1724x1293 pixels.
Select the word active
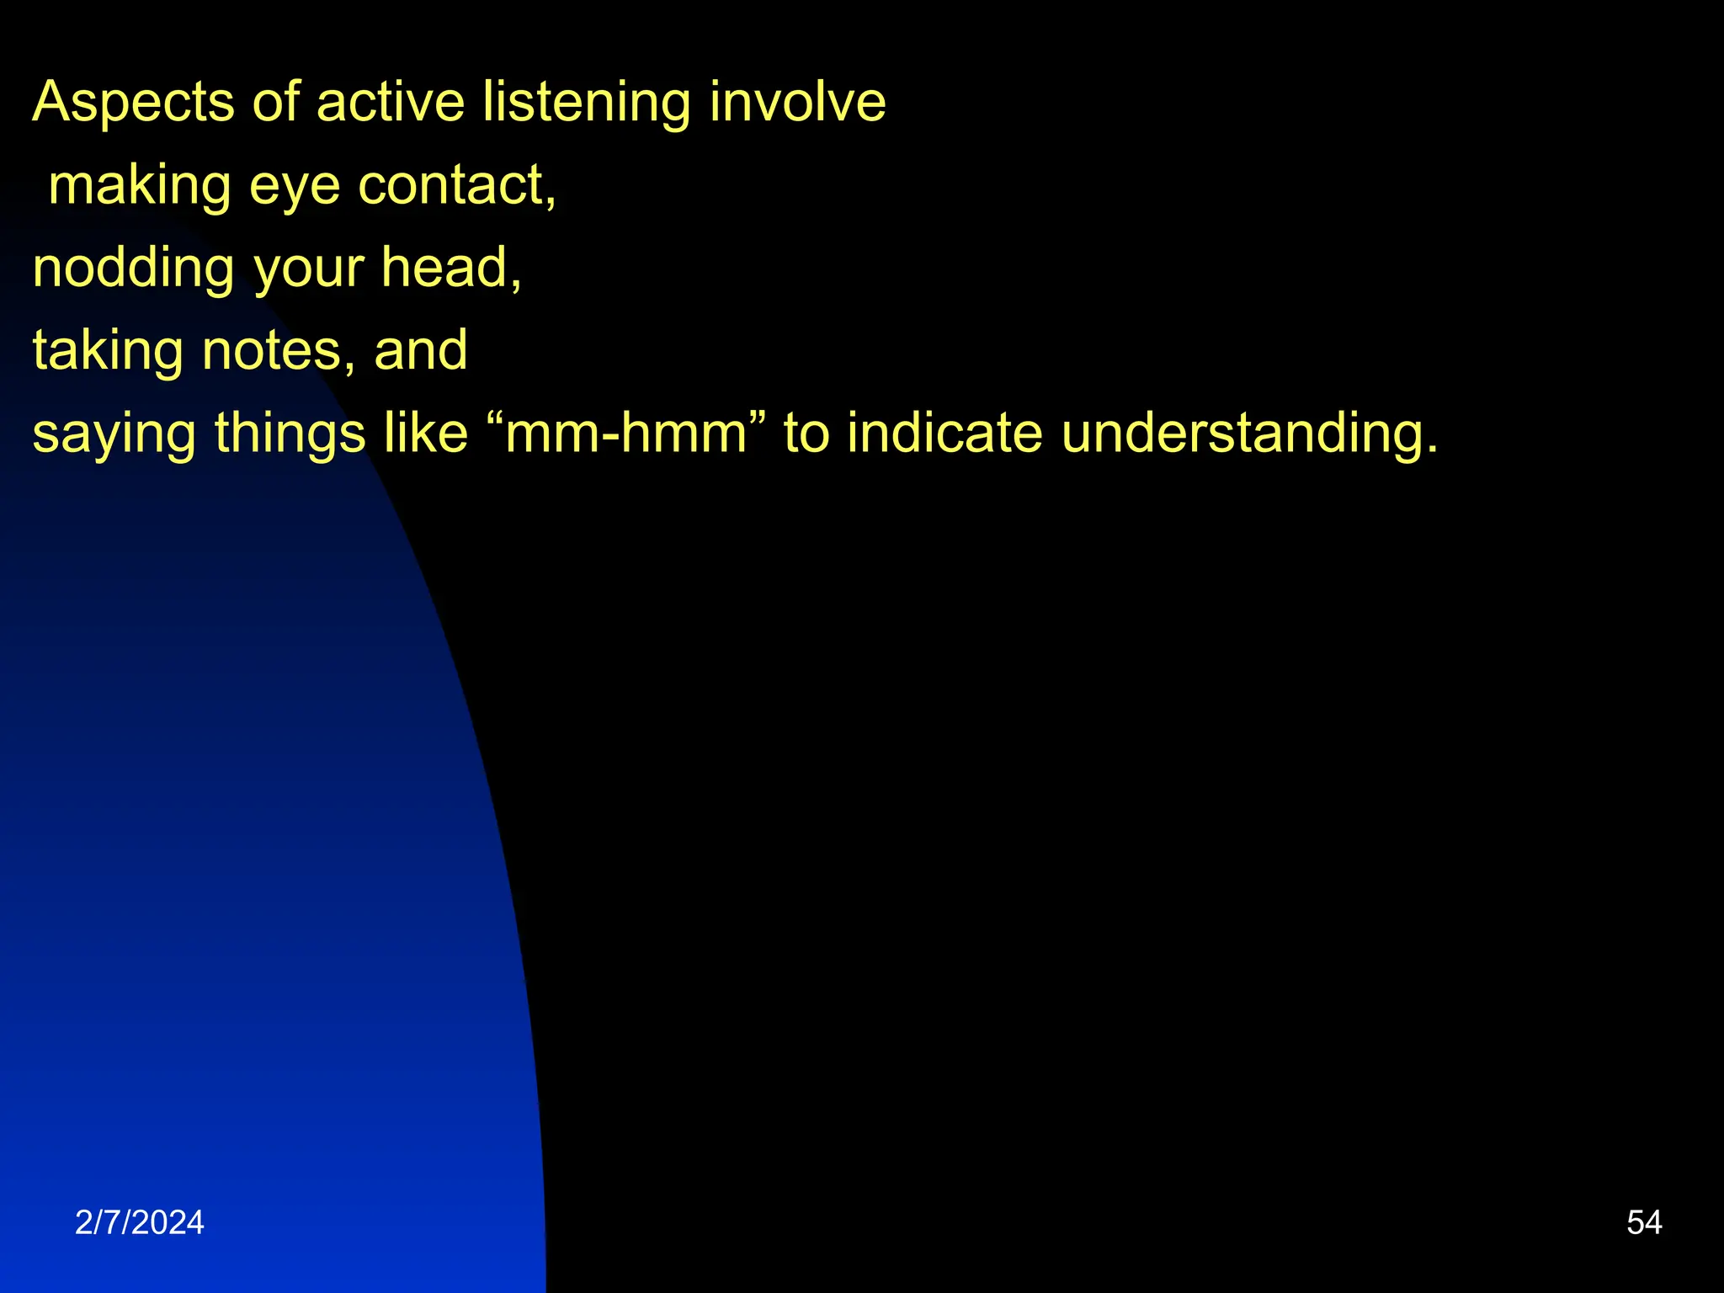click(390, 103)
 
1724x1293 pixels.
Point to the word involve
click(797, 103)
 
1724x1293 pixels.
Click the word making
click(140, 185)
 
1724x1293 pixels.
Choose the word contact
click(455, 185)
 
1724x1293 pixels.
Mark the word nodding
click(133, 269)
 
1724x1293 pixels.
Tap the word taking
click(108, 351)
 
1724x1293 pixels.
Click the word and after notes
click(420, 350)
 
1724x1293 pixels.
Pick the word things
click(290, 434)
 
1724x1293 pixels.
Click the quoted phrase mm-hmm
click(626, 434)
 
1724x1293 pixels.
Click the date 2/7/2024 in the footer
click(140, 1222)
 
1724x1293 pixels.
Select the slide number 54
click(1644, 1222)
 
